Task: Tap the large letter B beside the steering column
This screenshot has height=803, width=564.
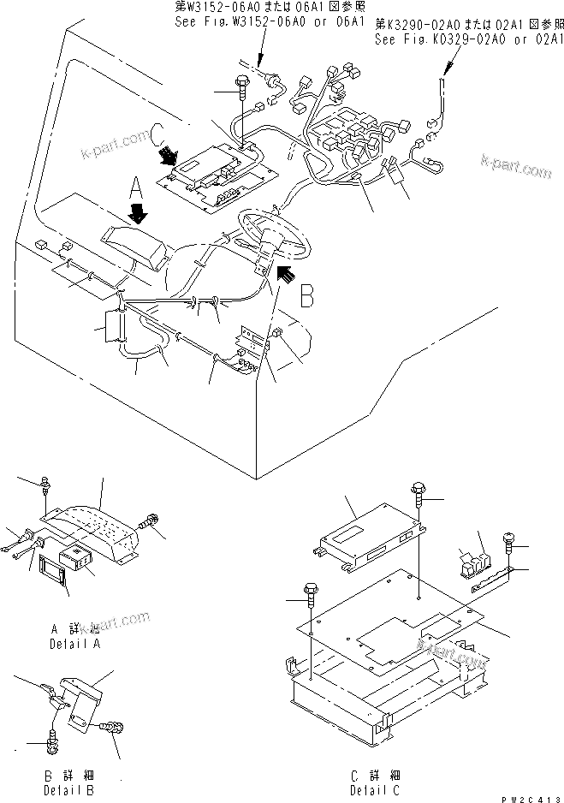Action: pos(309,296)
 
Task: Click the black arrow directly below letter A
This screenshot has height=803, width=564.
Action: pos(136,211)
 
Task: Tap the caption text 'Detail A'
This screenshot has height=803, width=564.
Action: pos(75,643)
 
